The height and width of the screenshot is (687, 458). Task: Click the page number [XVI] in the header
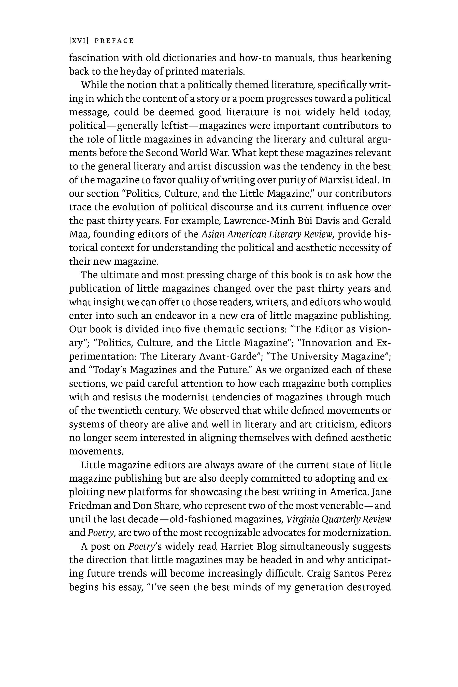pos(78,41)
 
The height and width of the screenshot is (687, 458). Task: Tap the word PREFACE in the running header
pos(114,41)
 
